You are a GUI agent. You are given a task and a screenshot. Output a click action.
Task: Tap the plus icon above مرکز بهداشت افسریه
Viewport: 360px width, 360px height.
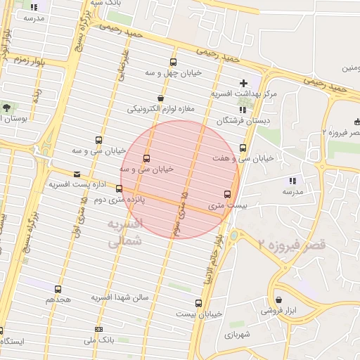click(244, 83)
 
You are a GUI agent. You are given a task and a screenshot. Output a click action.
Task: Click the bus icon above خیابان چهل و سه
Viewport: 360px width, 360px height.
click(174, 63)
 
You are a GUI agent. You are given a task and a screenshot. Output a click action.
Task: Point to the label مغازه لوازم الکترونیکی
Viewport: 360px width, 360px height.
click(160, 110)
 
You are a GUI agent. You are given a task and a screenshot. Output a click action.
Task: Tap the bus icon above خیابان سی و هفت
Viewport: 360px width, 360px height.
click(243, 148)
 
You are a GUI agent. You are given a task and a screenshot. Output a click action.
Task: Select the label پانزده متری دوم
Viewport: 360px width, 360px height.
click(144, 199)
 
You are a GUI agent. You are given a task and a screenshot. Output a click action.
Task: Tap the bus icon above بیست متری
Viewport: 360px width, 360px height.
click(227, 194)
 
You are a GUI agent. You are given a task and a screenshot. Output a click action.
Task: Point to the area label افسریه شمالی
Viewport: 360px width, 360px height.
click(126, 233)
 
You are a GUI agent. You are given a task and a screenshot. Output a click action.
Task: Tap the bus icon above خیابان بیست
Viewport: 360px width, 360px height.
click(198, 304)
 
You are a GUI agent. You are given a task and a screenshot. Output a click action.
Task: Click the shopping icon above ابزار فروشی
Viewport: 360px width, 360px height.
click(278, 300)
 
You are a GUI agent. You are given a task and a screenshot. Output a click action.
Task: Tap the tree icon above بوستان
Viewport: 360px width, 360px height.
click(7, 108)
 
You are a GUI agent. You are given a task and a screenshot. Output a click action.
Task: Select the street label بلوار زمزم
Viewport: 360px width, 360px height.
click(32, 61)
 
